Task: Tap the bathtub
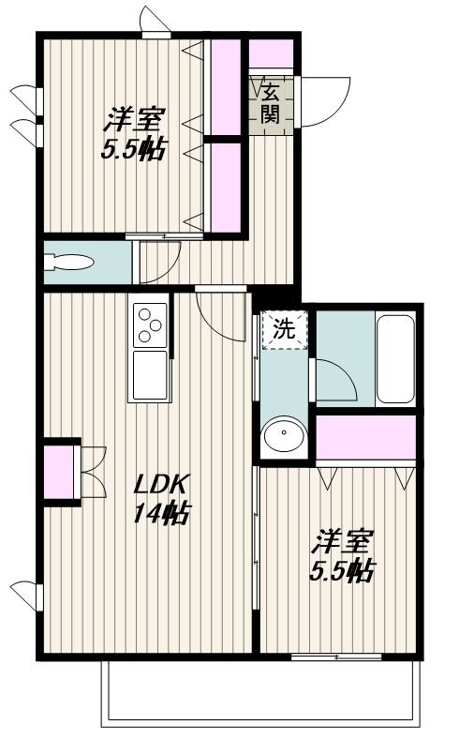coord(396,358)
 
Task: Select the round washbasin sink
coord(284,433)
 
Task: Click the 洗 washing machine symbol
coord(285,329)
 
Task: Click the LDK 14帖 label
coord(162,498)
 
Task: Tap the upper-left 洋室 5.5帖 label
coord(133,134)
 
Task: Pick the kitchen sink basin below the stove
coord(150,375)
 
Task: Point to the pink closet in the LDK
coord(59,472)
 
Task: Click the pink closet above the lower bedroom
coord(365,437)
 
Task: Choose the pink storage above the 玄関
coord(271,53)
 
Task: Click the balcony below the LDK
coord(260,693)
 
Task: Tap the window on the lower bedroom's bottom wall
coord(336,657)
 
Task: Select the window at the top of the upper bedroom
coord(156,35)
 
